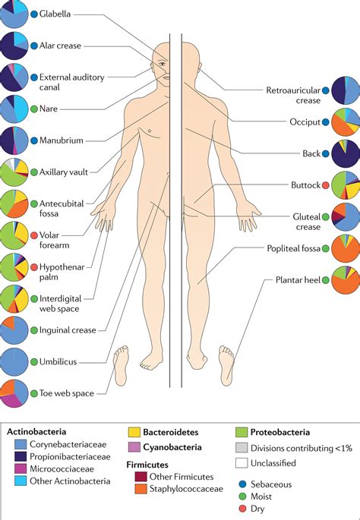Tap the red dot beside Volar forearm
pos(33,234)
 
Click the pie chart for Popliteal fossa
pos(346,247)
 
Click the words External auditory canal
pos(71,82)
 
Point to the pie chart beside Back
pos(346,153)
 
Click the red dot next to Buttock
pos(326,184)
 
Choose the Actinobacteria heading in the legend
pos(37,431)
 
